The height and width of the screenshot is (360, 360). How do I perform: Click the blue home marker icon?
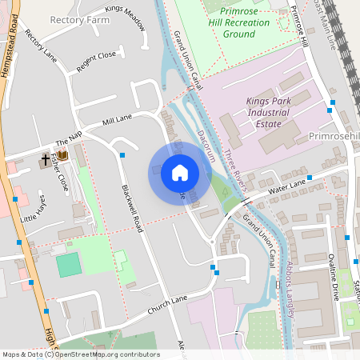[x=179, y=173]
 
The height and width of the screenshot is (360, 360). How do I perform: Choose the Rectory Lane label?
[x=42, y=47]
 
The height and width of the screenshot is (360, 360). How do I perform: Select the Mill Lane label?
[x=117, y=120]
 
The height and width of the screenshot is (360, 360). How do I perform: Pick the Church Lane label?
[x=167, y=304]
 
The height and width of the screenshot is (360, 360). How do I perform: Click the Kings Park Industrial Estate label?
[x=269, y=115]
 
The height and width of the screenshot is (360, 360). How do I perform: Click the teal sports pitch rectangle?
[x=69, y=264]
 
